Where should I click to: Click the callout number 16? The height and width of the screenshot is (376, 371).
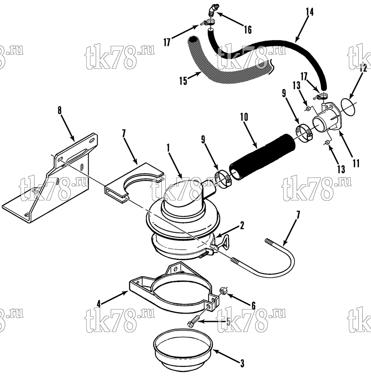pyautogui.click(x=248, y=30)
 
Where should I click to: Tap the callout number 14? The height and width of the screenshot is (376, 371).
pyautogui.click(x=309, y=12)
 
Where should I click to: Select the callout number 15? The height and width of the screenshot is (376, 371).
pyautogui.click(x=183, y=81)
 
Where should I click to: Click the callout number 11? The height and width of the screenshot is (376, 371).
pyautogui.click(x=356, y=164)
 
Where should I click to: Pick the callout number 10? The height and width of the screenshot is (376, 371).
pyautogui.click(x=244, y=117)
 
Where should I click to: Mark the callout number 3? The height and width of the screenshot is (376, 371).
pyautogui.click(x=242, y=364)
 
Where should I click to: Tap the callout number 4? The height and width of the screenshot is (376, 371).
pyautogui.click(x=99, y=304)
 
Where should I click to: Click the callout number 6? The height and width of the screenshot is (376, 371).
pyautogui.click(x=253, y=306)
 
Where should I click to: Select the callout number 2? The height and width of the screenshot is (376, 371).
pyautogui.click(x=242, y=225)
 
